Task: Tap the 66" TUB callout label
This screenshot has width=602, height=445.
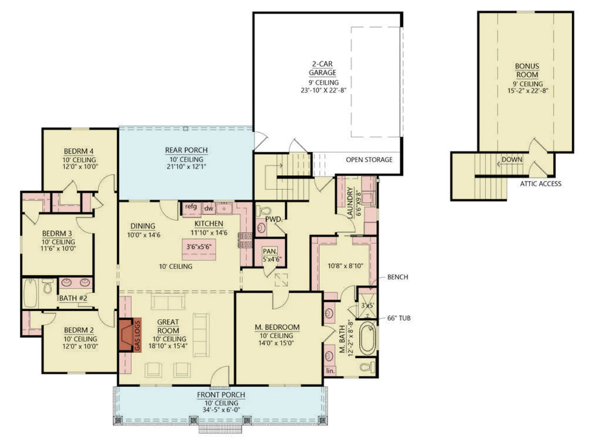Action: pyautogui.click(x=399, y=319)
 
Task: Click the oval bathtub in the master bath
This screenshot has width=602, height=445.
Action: pyautogui.click(x=367, y=337)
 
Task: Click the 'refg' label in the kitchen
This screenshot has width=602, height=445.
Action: pyautogui.click(x=190, y=206)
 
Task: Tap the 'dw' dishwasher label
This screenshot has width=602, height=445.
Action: pyautogui.click(x=208, y=208)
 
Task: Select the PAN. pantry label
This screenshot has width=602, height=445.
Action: pyautogui.click(x=270, y=251)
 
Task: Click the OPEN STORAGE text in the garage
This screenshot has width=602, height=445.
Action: pyautogui.click(x=369, y=159)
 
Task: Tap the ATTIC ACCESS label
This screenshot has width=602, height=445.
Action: pyautogui.click(x=540, y=183)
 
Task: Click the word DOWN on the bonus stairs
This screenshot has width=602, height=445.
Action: pyautogui.click(x=511, y=159)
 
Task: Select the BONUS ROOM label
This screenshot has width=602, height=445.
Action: pyautogui.click(x=527, y=71)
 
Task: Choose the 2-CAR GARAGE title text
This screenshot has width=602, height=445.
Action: pyautogui.click(x=323, y=68)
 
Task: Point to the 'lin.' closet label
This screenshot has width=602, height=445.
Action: pyautogui.click(x=330, y=371)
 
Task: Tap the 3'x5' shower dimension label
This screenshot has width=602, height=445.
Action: pyautogui.click(x=367, y=306)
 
